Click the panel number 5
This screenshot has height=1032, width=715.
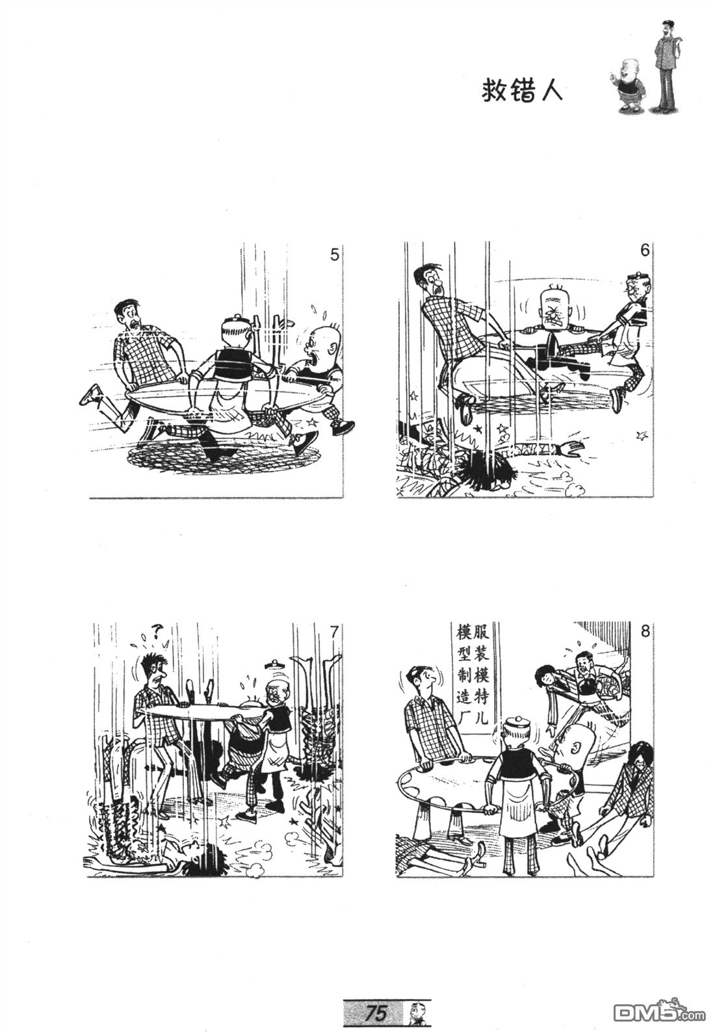[335, 254]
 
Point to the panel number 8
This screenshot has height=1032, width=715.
[645, 630]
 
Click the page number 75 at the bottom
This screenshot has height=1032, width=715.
[376, 1011]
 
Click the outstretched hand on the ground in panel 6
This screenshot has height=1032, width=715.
[570, 446]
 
